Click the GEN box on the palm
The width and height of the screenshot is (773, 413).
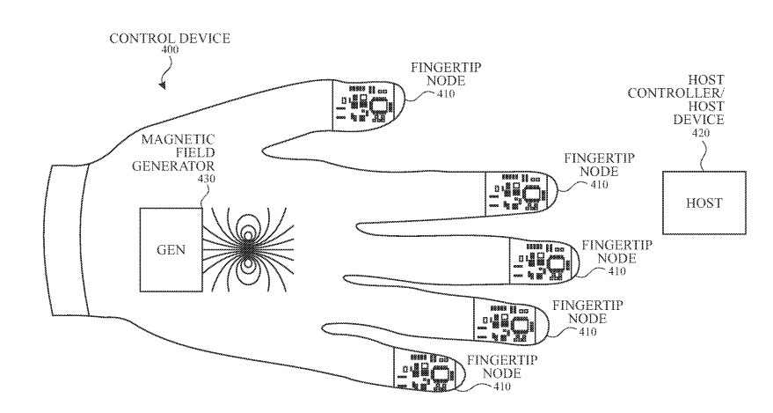pyautogui.click(x=171, y=250)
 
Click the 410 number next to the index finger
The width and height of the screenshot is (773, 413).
pyautogui.click(x=600, y=185)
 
